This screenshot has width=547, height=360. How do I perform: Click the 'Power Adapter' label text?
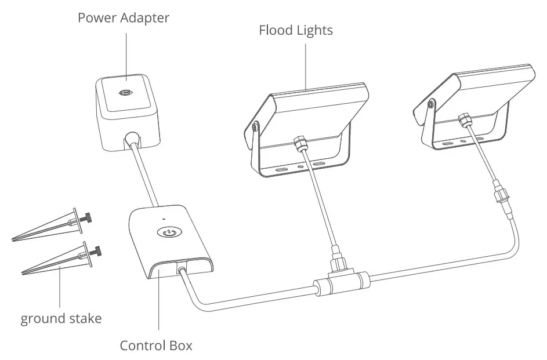point(124,18)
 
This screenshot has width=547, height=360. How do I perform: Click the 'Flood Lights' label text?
point(296,30)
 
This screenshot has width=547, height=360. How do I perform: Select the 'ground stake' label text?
point(61,318)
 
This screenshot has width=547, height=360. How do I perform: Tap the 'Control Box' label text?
point(156,346)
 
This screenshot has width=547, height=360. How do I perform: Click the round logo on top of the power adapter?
point(124,93)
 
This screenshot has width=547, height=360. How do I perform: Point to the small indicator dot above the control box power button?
point(165,220)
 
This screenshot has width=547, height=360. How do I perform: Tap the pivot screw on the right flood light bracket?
point(430,104)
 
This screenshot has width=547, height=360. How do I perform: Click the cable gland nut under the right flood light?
point(464,120)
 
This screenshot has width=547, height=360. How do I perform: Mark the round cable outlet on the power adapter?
point(133,139)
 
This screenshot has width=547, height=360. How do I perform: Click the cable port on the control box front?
point(182,268)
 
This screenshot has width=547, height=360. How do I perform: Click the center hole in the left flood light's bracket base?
point(300,165)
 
